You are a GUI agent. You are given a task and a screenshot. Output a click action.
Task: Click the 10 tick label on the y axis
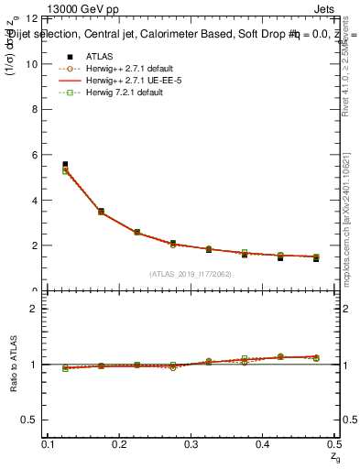31,64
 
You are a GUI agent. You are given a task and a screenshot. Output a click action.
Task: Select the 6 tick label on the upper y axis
34,155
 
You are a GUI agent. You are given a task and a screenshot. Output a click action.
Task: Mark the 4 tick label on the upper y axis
34,201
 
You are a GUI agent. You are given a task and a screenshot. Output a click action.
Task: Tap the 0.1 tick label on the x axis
49,444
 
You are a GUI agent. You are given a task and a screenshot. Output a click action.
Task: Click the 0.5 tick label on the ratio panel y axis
29,420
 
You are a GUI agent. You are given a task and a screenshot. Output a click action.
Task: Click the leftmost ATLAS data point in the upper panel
65,165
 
